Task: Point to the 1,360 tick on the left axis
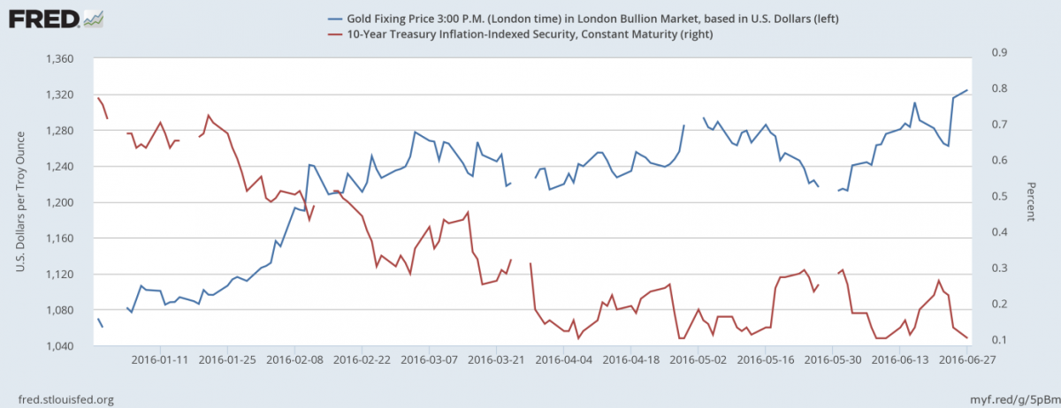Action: click(57, 59)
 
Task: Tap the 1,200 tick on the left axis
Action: click(57, 202)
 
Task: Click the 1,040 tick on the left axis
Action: click(57, 345)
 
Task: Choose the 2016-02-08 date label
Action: click(295, 360)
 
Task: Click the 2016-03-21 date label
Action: click(497, 360)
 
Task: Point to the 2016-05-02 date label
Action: click(698, 360)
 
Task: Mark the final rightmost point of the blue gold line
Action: click(967, 90)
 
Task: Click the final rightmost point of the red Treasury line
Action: click(967, 338)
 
